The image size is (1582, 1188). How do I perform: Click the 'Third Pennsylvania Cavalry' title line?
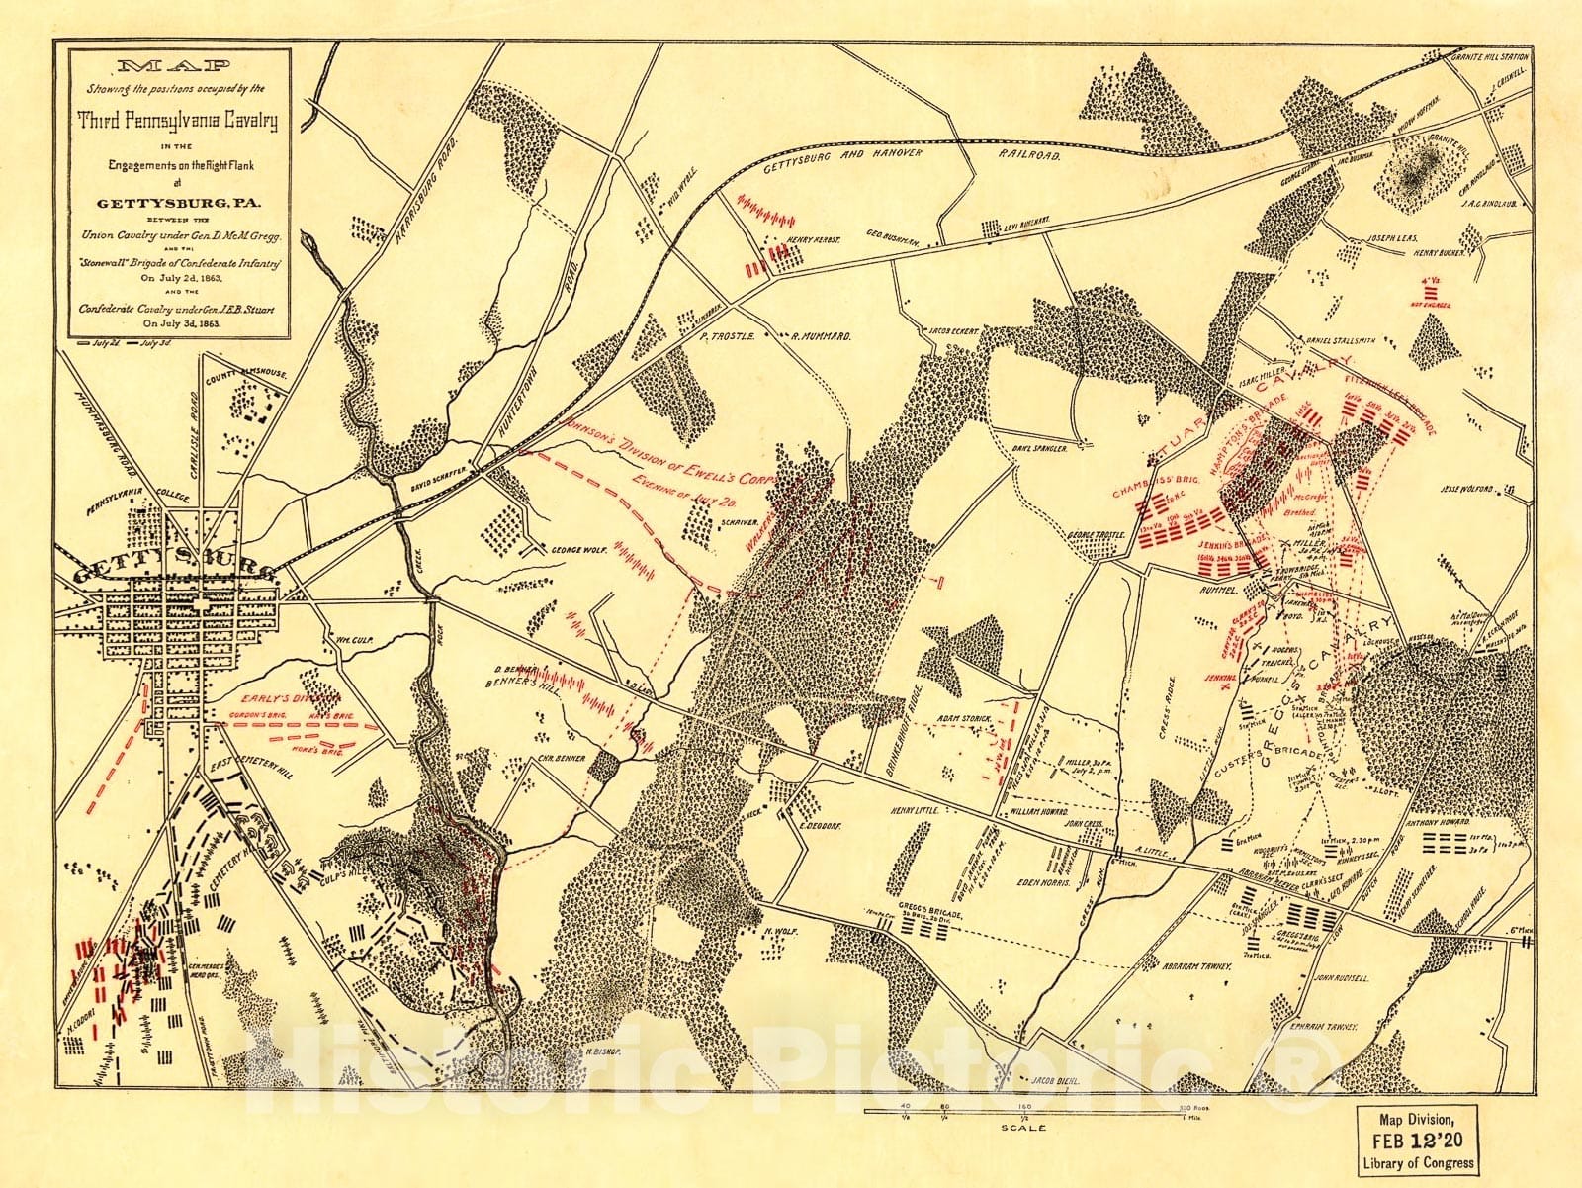coord(179,122)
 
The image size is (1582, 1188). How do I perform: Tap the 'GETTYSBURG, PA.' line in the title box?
coord(178,205)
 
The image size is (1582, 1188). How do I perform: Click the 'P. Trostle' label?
coord(727,336)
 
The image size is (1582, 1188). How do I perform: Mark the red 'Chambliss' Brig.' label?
coord(1155,489)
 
